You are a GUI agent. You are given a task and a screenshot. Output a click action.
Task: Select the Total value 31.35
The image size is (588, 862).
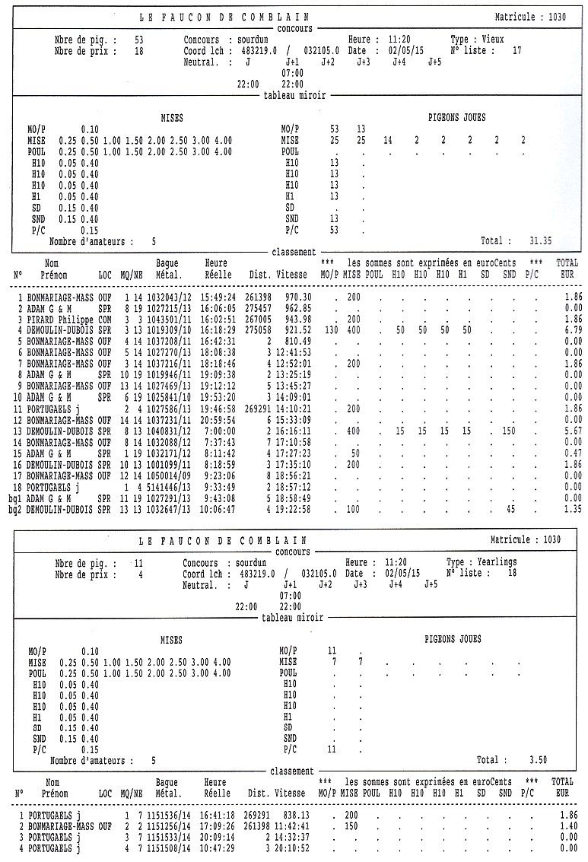pos(539,240)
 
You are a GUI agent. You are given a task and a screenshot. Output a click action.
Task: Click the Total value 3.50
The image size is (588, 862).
pos(537,759)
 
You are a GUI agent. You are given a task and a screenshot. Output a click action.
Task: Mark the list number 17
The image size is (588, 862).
pos(516,51)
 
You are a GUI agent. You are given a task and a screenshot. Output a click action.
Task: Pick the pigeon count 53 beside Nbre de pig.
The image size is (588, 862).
pos(139,40)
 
